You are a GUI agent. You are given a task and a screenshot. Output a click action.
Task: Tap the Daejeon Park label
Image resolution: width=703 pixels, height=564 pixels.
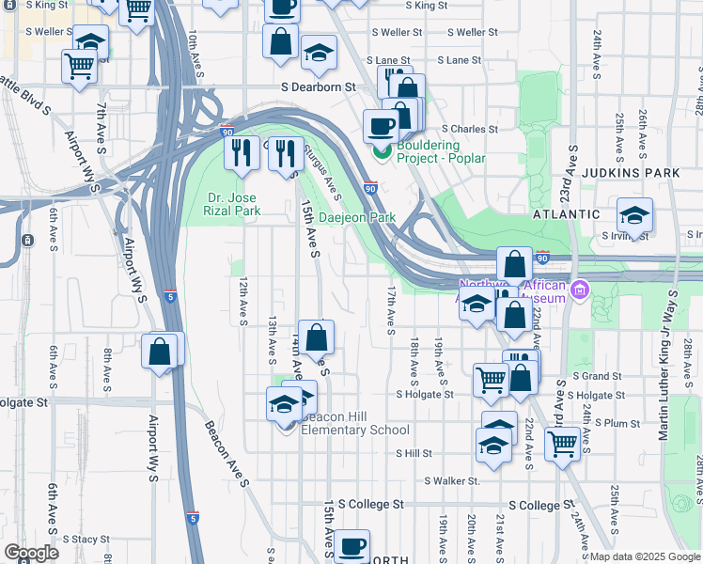click(x=357, y=217)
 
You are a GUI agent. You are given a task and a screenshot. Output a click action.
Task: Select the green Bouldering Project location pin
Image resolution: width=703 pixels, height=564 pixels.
click(x=382, y=151)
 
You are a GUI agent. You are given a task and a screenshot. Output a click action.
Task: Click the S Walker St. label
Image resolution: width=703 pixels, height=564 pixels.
click(x=452, y=480)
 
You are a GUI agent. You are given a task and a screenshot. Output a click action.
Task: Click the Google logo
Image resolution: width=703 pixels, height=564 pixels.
click(x=31, y=553)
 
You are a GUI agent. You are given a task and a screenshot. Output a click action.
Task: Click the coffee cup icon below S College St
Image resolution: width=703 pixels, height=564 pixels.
click(x=353, y=545)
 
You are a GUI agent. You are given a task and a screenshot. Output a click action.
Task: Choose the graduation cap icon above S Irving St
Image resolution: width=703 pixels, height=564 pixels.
click(x=634, y=215)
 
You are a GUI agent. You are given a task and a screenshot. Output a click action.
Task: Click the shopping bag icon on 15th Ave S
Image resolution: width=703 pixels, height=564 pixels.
click(x=318, y=337)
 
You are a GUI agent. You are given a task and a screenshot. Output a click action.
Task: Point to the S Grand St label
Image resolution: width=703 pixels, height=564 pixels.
click(x=590, y=376)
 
